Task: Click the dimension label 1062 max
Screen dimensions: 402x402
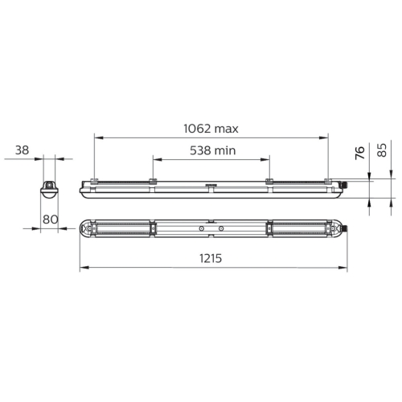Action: click(x=211, y=129)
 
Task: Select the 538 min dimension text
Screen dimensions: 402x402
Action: click(x=213, y=150)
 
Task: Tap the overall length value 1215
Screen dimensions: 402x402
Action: click(x=211, y=258)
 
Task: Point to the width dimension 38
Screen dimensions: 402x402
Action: click(x=22, y=150)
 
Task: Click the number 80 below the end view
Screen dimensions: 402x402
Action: click(x=51, y=219)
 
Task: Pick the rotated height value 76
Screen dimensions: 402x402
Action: click(x=360, y=153)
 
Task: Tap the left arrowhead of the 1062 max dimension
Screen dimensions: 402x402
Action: click(x=99, y=137)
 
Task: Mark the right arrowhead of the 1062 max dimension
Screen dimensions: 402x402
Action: click(x=324, y=137)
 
